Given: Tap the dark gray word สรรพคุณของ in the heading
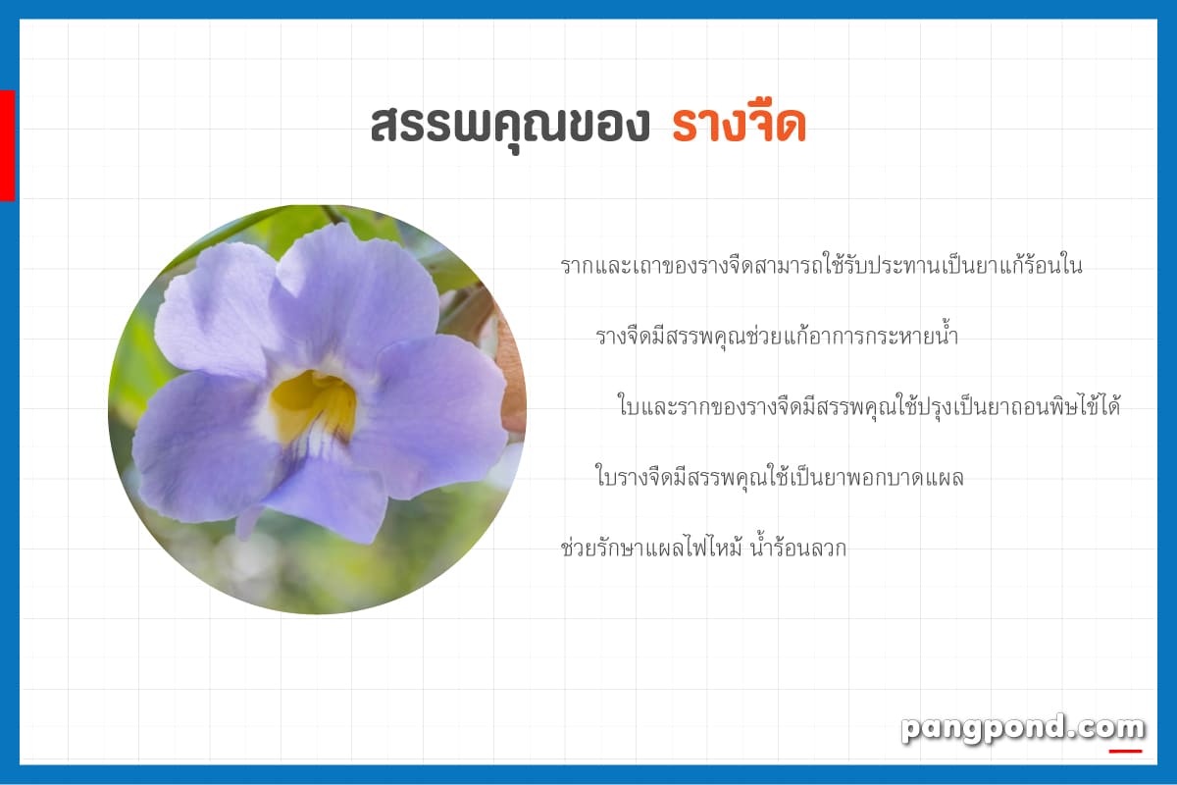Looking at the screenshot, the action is coord(510,128).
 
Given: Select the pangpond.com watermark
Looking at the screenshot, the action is coord(1022,729).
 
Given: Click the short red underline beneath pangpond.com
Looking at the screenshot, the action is coord(1126,752).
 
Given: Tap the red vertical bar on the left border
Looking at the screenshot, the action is coord(8,145).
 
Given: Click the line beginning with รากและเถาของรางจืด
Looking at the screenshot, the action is coord(821,266).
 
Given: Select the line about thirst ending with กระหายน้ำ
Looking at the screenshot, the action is coord(777,336).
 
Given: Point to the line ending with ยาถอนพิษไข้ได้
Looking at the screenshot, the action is coord(869,406).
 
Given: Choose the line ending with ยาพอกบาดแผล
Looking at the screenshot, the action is coord(779,477).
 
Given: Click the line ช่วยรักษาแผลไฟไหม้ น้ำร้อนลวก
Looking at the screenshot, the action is coord(703,547).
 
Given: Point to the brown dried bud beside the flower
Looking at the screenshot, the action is coord(511,379).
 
